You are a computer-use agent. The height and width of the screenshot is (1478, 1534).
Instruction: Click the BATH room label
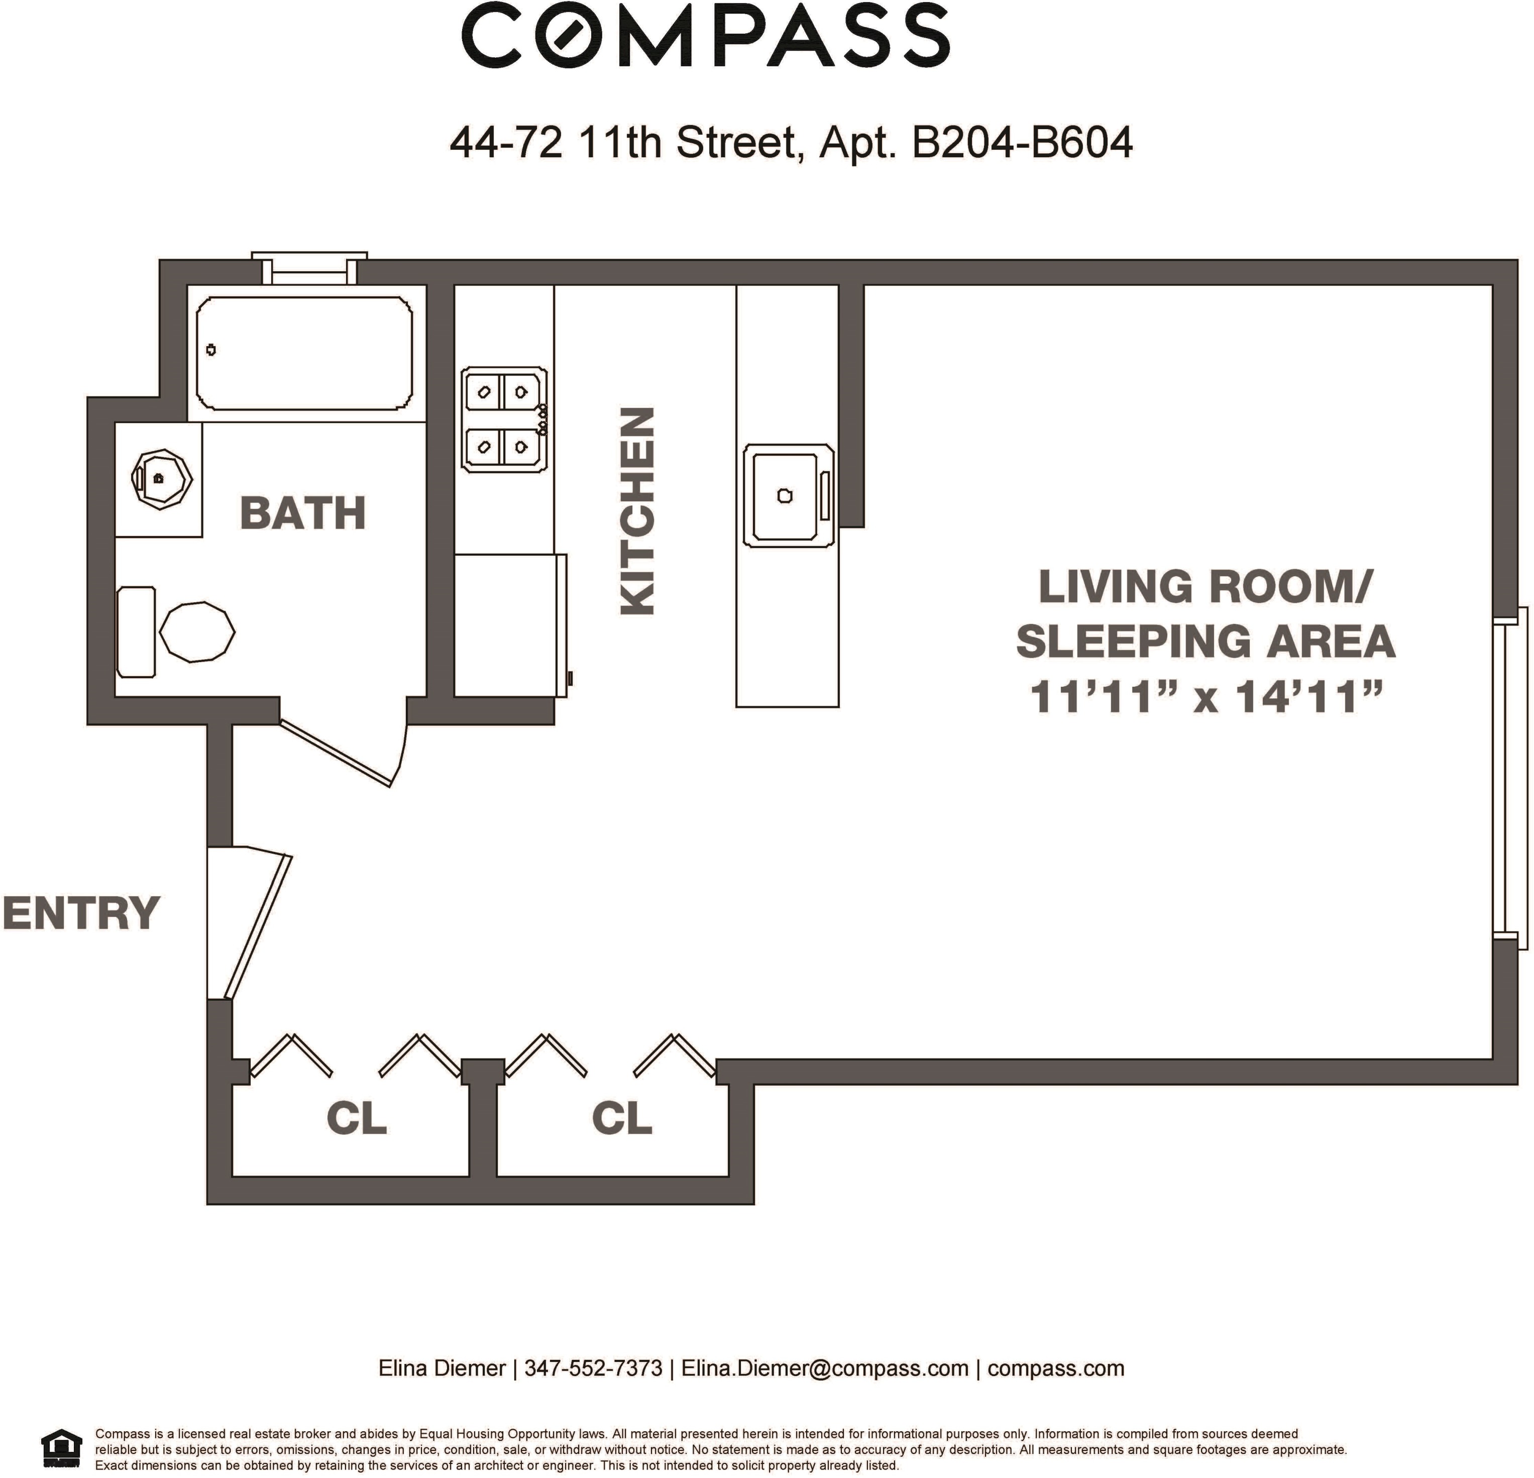[303, 513]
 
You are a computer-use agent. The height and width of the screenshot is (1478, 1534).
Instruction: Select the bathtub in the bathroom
[304, 353]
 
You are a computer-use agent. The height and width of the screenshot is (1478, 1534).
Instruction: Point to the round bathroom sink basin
[162, 478]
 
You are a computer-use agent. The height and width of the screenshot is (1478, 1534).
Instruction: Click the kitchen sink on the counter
[788, 495]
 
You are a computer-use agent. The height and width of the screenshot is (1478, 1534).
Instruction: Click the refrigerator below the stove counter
[510, 624]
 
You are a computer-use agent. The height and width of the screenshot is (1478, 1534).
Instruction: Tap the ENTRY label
[81, 913]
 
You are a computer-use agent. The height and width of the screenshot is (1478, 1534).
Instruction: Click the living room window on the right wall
[1510, 778]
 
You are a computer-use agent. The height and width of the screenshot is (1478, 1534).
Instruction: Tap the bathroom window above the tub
[309, 268]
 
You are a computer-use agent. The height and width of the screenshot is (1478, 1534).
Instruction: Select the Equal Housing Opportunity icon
[61, 1448]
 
